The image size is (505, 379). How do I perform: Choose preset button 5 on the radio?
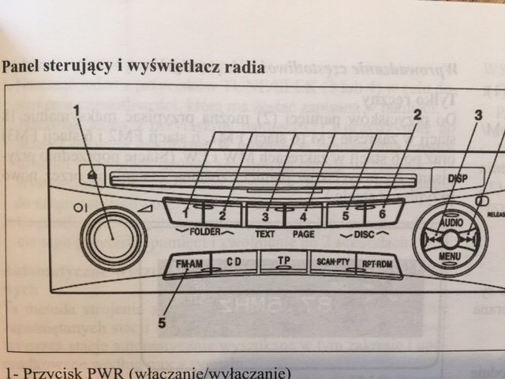[x=345, y=212]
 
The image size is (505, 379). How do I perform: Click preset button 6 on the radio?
[x=383, y=212]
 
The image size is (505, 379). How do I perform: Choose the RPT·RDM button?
[x=379, y=264]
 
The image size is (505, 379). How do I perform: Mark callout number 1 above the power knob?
[x=77, y=111]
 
